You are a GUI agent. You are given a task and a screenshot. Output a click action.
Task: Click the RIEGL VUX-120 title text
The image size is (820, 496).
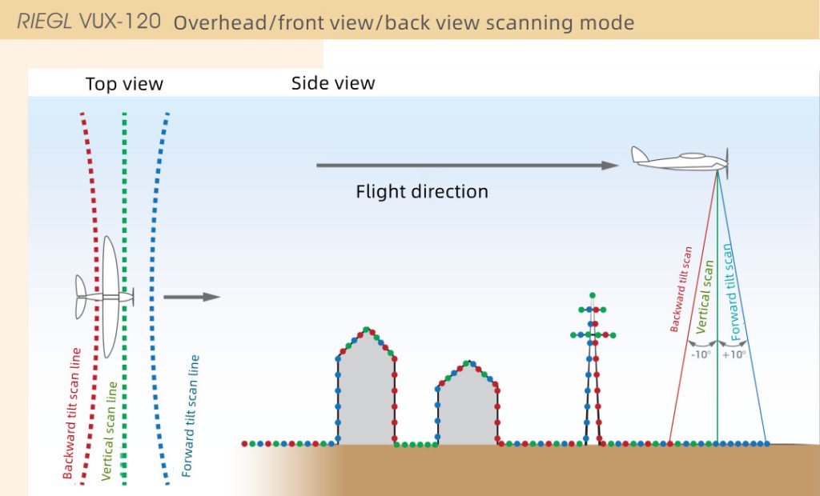tap(93, 21)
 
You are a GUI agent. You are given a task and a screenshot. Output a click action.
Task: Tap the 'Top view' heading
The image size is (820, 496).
tap(124, 84)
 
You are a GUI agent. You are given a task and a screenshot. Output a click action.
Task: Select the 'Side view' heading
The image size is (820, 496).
tap(333, 83)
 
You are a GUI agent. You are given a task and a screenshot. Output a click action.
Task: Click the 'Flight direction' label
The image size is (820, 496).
tap(422, 192)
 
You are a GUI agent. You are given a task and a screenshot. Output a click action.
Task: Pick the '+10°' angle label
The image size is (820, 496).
tap(734, 354)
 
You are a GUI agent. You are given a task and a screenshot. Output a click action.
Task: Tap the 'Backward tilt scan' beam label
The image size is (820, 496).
tap(681, 289)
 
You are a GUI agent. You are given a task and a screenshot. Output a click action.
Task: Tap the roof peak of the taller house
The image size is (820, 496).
tap(366, 330)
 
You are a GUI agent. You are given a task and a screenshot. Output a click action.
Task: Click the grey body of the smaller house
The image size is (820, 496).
tap(468, 412)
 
